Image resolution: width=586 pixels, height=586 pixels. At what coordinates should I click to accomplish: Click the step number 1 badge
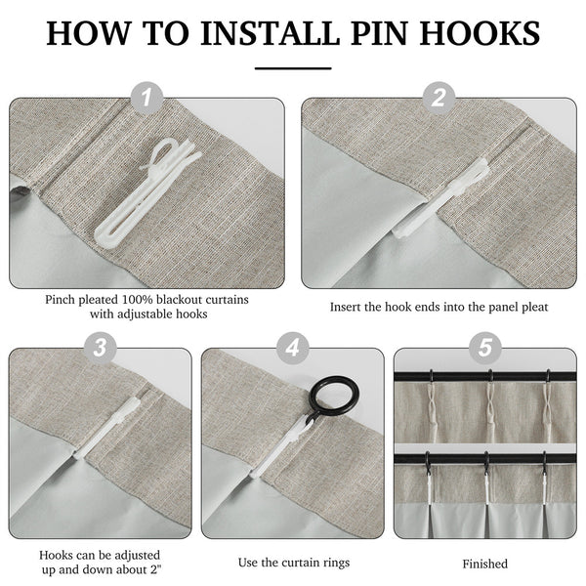146,99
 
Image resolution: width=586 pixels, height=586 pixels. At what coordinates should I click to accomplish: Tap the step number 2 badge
439,99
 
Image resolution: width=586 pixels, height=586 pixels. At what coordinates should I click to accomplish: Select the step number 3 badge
100,348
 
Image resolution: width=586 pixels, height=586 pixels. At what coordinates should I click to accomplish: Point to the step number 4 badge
293,348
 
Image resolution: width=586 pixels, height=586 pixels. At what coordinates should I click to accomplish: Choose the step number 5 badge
485,348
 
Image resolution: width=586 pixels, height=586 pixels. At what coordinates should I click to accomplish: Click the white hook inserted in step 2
441,198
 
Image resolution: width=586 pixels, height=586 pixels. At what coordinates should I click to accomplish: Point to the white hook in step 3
108,426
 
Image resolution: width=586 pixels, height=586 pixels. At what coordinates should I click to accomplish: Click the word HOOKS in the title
480,33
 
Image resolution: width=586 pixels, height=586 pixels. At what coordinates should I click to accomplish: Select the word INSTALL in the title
270,33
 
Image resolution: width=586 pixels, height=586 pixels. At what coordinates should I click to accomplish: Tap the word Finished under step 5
484,564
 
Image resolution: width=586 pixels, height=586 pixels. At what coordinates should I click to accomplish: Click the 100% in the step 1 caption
137,300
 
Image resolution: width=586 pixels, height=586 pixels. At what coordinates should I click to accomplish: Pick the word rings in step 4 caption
335,563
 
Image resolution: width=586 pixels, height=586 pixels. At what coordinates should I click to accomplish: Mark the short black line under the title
293,68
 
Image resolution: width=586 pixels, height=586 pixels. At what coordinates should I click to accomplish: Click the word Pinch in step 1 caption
59,300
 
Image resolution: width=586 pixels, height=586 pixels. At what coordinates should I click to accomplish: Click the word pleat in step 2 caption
535,308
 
